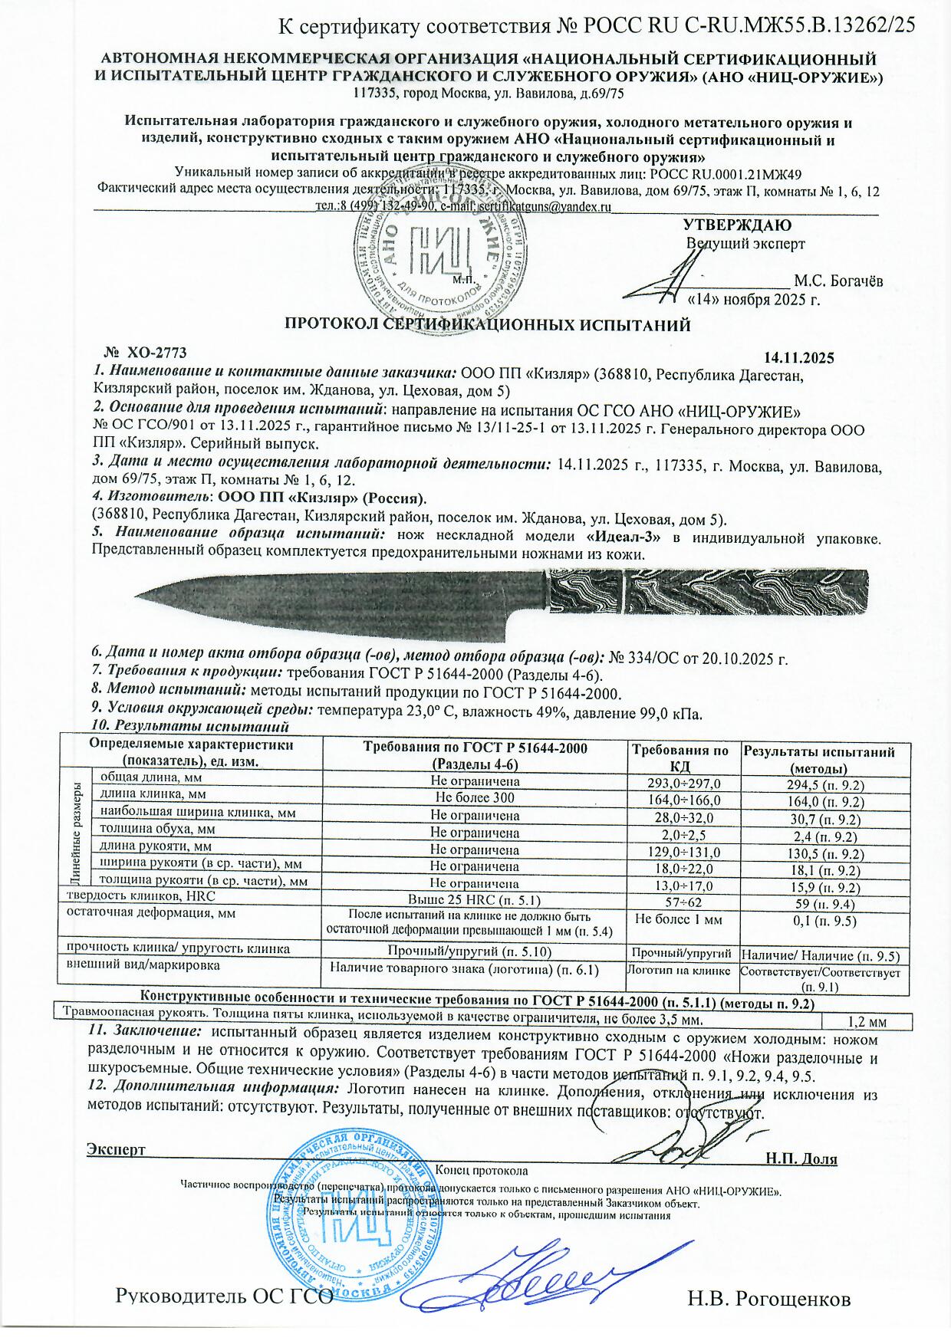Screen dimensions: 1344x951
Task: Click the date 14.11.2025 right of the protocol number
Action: click(799, 358)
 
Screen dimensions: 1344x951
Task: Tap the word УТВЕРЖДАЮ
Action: click(737, 225)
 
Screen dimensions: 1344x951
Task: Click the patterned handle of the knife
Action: click(713, 592)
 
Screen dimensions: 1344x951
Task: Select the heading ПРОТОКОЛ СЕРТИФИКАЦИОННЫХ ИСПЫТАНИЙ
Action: click(488, 325)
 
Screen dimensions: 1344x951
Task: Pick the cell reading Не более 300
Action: click(475, 797)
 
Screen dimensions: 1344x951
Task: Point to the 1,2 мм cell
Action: click(866, 1022)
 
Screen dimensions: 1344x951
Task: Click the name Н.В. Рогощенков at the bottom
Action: click(768, 1299)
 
